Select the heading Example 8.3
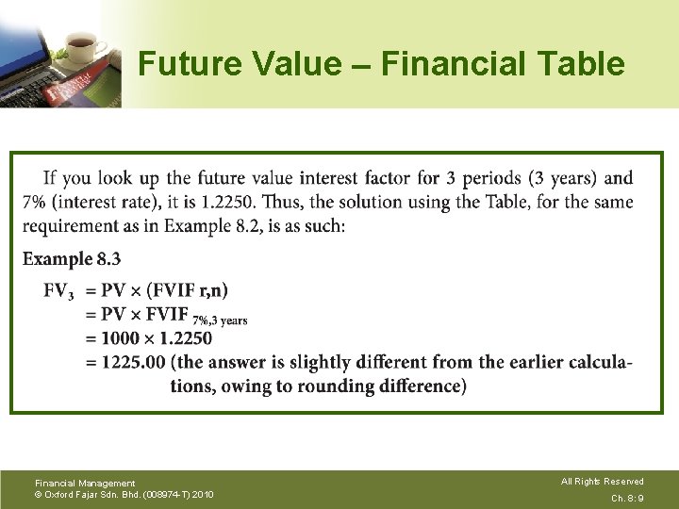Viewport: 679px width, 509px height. point(72,259)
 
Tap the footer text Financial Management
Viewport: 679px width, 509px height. point(85,484)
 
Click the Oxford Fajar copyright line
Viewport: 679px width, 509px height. point(124,495)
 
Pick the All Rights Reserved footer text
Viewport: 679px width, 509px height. point(602,482)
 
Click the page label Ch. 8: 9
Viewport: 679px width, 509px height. point(627,498)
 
